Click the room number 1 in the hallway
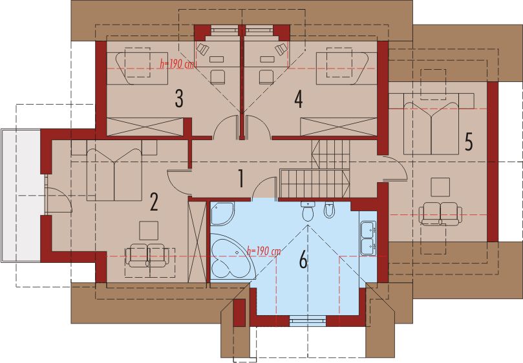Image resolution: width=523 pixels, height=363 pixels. click(240, 178)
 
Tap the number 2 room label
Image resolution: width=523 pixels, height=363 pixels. click(154, 202)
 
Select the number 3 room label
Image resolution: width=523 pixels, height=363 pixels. click(178, 99)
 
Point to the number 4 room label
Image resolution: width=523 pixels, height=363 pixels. click(298, 99)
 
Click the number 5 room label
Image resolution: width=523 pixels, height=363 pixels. click(469, 141)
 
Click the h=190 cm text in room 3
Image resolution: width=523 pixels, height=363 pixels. click(176, 64)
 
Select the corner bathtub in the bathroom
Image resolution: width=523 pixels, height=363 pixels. click(228, 259)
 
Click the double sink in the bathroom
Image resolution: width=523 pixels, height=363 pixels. click(368, 236)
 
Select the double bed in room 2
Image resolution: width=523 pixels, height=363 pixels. click(114, 172)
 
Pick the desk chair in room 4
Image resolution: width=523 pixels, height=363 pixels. click(266, 76)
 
